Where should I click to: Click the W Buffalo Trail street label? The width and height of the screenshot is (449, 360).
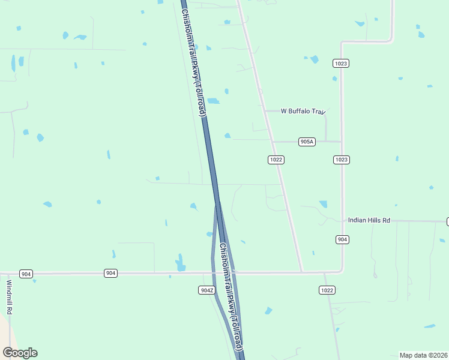303,111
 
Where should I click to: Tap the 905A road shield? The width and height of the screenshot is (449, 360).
307,142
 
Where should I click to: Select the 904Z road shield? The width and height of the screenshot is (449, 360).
206,290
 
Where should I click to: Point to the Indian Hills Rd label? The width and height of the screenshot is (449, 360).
369,221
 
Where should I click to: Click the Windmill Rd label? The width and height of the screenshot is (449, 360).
9,297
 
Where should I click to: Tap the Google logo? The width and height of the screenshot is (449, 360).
20,353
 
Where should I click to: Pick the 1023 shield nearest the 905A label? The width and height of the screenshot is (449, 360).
342,160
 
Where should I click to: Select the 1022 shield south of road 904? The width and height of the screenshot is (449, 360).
327,290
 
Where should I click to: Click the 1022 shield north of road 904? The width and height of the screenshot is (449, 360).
276,160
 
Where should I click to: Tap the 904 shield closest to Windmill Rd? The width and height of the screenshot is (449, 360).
25,274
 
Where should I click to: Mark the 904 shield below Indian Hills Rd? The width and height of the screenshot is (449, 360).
342,239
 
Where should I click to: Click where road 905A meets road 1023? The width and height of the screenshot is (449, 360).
342,142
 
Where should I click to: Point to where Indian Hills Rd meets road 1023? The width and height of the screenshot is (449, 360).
342,221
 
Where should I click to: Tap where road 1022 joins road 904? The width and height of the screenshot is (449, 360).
302,272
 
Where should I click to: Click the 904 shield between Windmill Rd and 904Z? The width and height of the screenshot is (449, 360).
110,273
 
